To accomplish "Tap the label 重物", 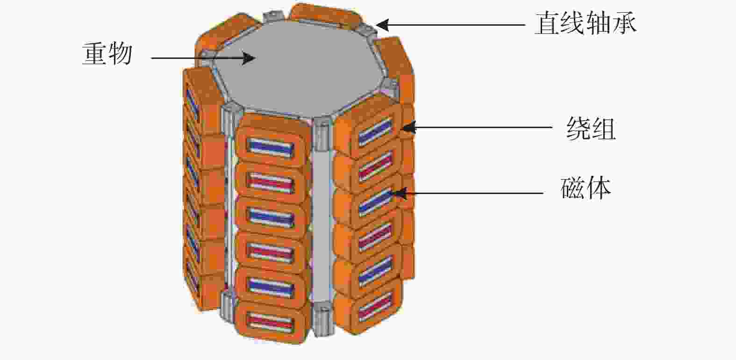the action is pyautogui.click(x=107, y=54).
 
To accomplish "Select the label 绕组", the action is pyautogui.click(x=591, y=129).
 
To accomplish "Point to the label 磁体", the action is pyautogui.click(x=586, y=188).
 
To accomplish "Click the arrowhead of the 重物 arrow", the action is pyautogui.click(x=249, y=58).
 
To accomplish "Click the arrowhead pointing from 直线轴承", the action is pyautogui.click(x=382, y=25).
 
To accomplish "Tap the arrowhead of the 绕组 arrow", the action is pyautogui.click(x=409, y=128).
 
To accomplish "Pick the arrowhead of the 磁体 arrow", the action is pyautogui.click(x=400, y=193).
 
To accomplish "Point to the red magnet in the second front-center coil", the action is pyautogui.click(x=271, y=182).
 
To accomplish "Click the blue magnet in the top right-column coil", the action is pyautogui.click(x=376, y=132).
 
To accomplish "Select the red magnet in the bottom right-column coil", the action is pyautogui.click(x=376, y=306).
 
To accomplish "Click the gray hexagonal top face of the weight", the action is pyautogui.click(x=297, y=66).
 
